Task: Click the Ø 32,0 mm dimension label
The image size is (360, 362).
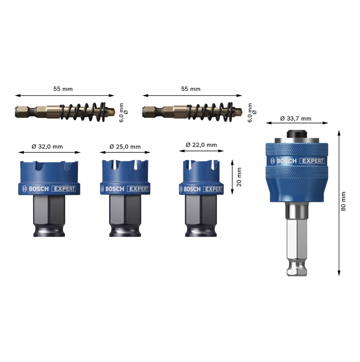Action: point(47,147)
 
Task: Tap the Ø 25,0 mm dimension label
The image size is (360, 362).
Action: point(125,147)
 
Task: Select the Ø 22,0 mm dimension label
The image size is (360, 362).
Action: point(201,145)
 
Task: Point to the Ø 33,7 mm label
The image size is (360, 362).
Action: point(296,119)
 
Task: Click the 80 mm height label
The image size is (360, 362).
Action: point(343,201)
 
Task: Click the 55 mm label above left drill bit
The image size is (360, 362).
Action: point(63,89)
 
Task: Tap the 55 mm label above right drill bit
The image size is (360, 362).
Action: point(191,89)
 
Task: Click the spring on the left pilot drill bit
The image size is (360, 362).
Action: point(83,112)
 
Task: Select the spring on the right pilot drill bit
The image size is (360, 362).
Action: point(210,112)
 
